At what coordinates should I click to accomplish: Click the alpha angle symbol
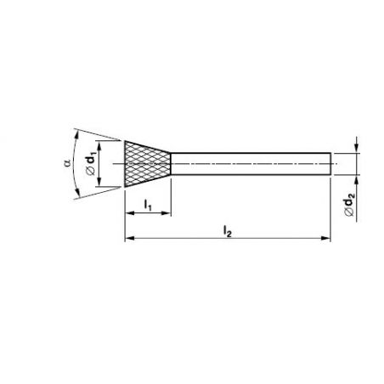click(x=67, y=163)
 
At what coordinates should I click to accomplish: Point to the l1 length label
click(x=148, y=205)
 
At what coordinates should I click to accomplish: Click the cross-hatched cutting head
click(x=148, y=164)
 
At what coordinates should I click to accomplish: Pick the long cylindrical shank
click(x=251, y=164)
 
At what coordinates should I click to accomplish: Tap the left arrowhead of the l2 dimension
click(x=129, y=239)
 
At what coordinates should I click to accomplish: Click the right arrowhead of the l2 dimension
click(x=326, y=239)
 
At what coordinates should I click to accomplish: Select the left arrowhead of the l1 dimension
click(x=129, y=213)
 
